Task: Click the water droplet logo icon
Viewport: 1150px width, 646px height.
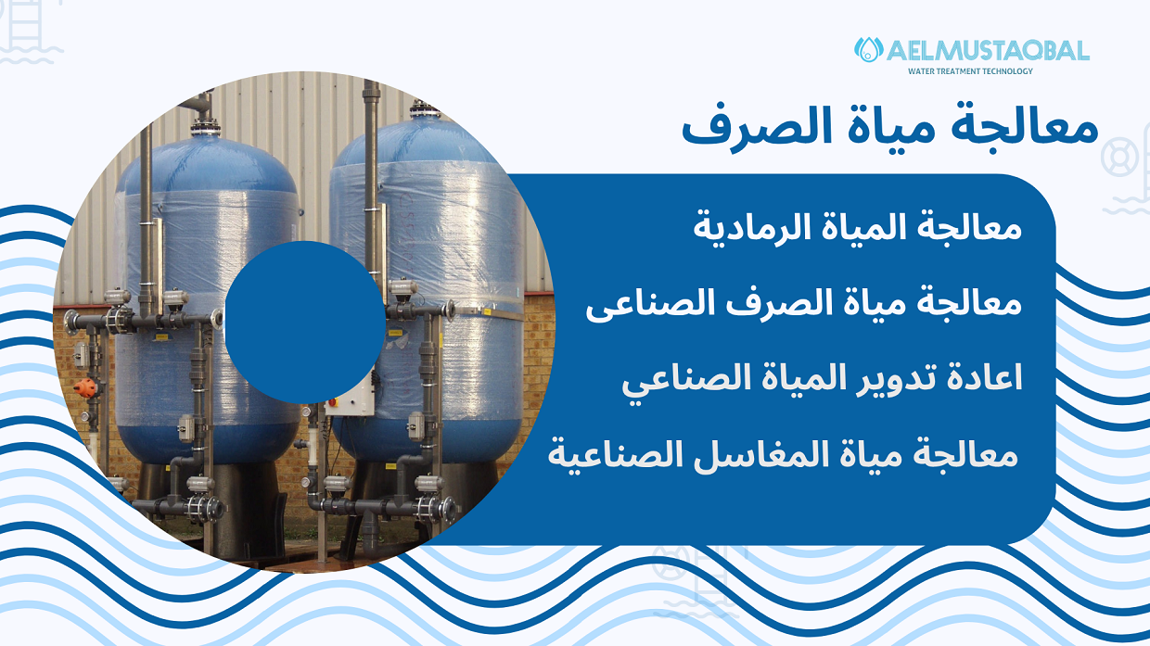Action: tap(868, 50)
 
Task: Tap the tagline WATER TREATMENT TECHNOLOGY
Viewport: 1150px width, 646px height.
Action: tap(970, 71)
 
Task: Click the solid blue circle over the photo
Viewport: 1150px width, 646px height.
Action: tap(305, 323)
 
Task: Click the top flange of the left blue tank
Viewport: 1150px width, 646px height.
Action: tap(206, 127)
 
